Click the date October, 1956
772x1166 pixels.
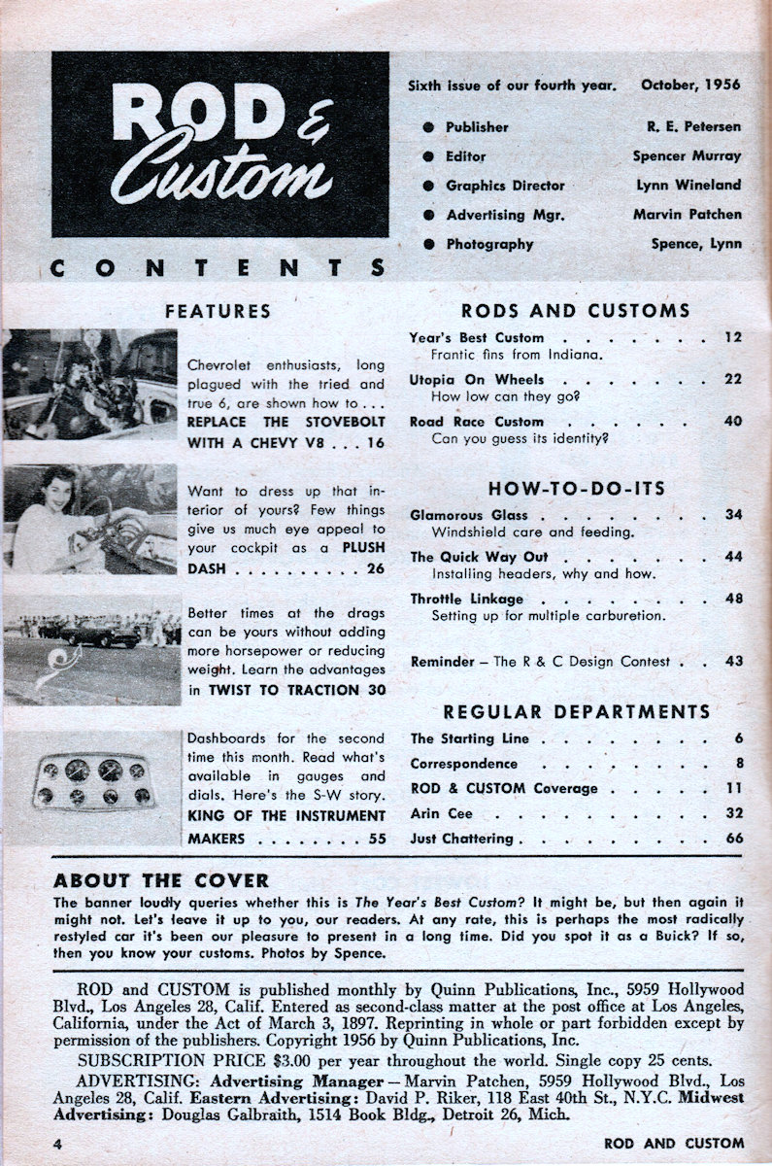pos(689,85)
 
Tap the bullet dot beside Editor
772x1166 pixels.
pos(428,155)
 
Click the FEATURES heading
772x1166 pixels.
pos(218,312)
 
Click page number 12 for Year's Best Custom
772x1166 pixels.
pos(732,337)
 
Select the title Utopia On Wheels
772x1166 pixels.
pos(477,379)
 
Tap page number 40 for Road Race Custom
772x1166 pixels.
pos(732,421)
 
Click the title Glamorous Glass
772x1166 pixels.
pos(469,515)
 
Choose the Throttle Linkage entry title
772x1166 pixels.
pos(467,599)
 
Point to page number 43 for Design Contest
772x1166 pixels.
pos(732,661)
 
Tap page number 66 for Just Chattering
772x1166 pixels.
pos(732,838)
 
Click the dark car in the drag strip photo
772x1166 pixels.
pos(101,634)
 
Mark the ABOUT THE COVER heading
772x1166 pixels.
pos(161,881)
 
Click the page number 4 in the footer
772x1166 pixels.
pos(58,1143)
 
